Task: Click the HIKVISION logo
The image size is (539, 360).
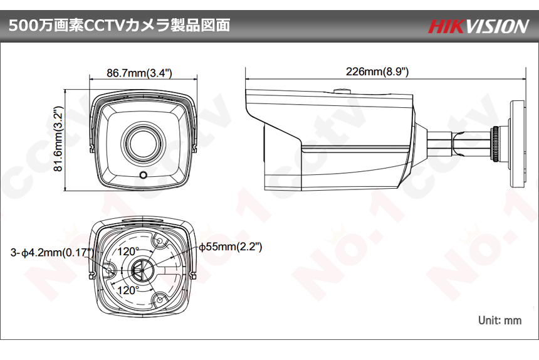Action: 478,26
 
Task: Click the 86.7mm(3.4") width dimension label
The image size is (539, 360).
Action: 139,73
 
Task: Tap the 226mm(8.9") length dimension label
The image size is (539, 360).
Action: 377,71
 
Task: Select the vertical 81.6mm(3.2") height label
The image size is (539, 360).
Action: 58,139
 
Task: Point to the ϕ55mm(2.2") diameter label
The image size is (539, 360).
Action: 230,246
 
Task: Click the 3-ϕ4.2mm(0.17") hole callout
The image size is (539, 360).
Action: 51,253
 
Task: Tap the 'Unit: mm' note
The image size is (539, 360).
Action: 500,320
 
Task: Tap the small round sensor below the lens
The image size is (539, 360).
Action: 144,175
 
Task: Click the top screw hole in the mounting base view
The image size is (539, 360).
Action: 159,241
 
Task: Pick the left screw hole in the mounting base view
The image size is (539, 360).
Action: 109,270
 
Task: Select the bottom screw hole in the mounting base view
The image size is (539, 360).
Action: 159,299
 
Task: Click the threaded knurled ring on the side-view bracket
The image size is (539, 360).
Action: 495,144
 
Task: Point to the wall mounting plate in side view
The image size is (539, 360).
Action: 517,144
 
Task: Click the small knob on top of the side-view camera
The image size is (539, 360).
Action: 342,91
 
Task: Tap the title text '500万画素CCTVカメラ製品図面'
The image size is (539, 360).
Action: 119,26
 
